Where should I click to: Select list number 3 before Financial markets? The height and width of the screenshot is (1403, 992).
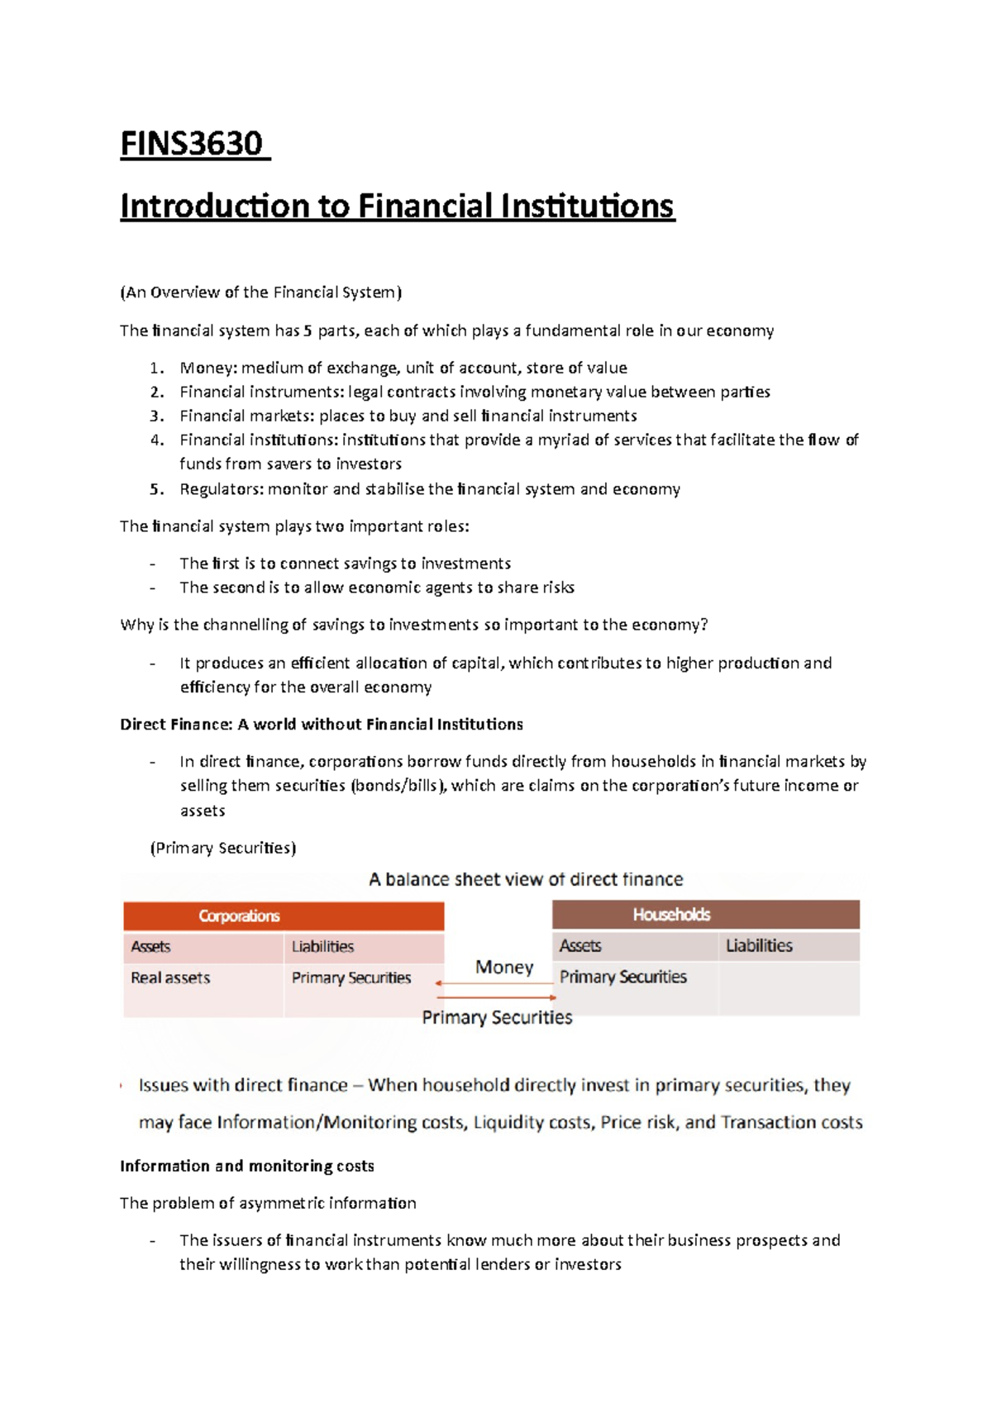pos(157,416)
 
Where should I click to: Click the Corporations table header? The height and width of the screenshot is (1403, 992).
pos(240,916)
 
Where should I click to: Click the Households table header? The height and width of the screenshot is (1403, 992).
pos(671,914)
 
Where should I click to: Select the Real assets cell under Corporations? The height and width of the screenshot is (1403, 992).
pos(170,977)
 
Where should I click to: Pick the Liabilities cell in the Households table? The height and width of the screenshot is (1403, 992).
pos(759,945)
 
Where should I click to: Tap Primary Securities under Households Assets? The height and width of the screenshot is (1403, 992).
pos(622,977)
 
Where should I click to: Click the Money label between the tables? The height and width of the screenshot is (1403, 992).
pos(504,967)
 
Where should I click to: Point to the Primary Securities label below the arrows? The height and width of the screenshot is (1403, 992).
pos(497,1017)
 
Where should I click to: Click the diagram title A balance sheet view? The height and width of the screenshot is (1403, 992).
pos(526,879)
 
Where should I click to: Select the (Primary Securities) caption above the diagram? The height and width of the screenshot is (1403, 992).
pos(223,848)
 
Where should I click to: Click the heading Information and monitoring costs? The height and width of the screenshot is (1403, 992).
pos(246,1166)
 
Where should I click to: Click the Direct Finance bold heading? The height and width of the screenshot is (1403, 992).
pos(321,725)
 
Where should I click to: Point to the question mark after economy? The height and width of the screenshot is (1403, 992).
pos(703,625)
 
